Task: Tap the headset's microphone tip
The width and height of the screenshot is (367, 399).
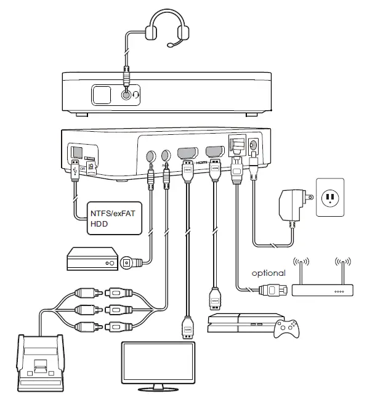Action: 171,44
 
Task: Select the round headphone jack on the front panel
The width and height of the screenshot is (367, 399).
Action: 127,95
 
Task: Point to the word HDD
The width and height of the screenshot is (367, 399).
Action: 99,225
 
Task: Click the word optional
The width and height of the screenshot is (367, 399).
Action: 268,272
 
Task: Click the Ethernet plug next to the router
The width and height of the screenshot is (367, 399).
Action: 273,289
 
